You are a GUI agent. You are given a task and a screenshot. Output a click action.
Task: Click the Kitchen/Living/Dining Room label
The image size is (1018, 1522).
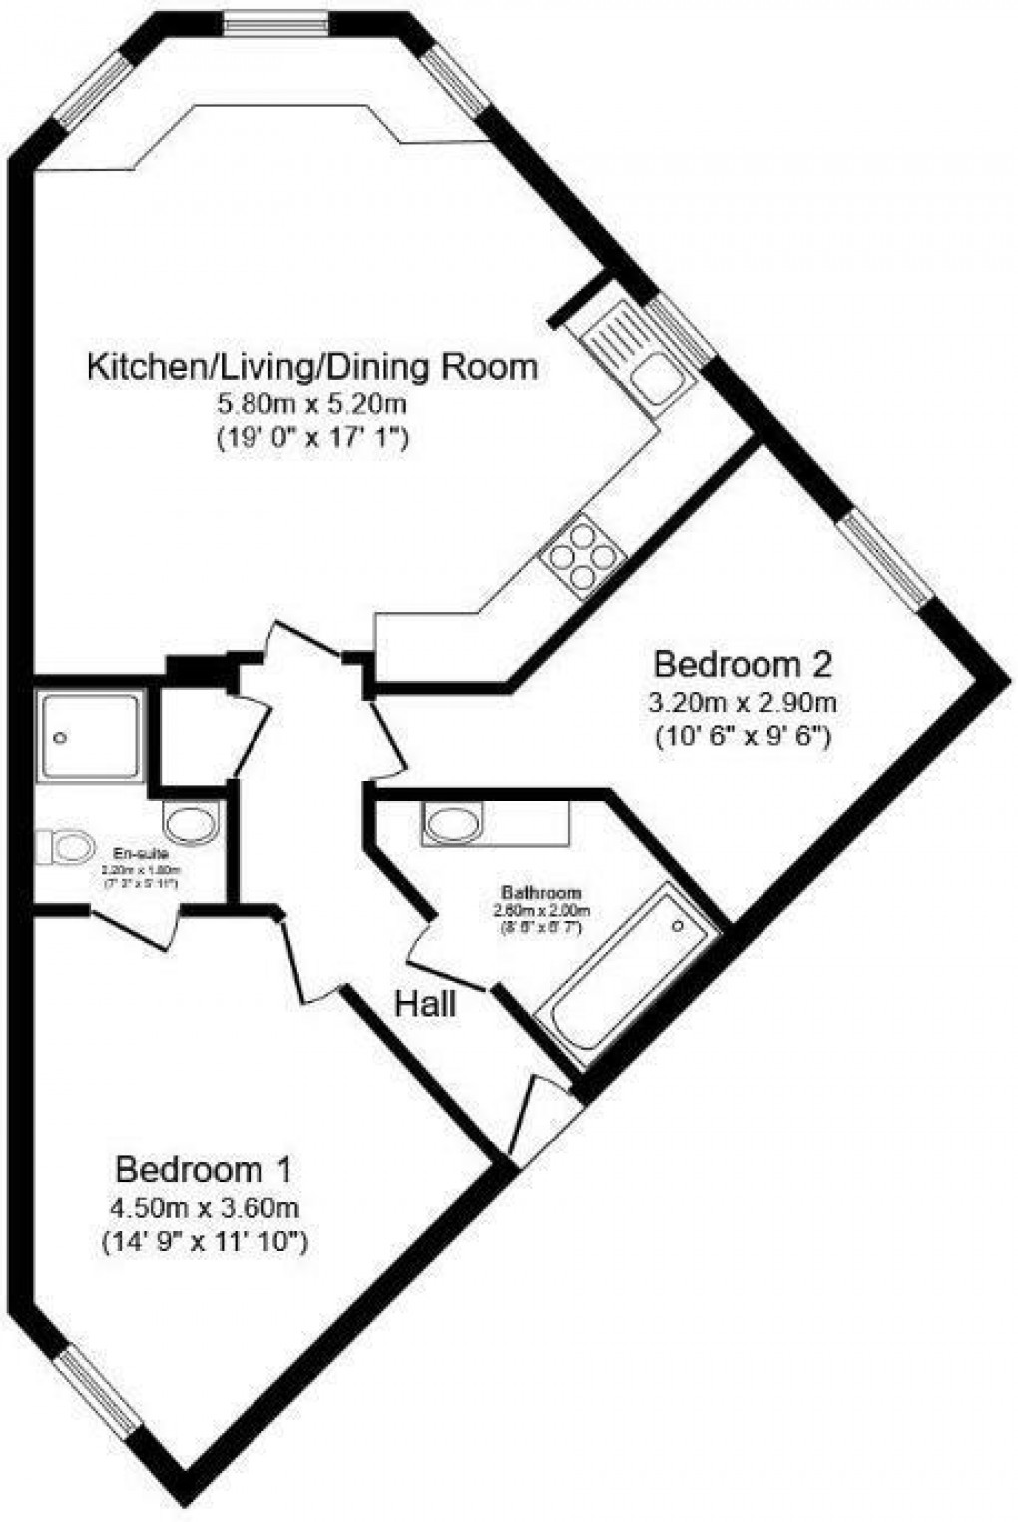point(313,368)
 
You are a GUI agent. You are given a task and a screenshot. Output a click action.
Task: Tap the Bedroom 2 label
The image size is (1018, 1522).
point(742,664)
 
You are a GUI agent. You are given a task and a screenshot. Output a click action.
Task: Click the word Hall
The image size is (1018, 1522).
point(426,1003)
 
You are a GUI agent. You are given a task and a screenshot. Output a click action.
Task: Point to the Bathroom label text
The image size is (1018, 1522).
point(542,892)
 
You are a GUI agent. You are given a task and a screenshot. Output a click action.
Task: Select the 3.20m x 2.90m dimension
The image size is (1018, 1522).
point(742,702)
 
